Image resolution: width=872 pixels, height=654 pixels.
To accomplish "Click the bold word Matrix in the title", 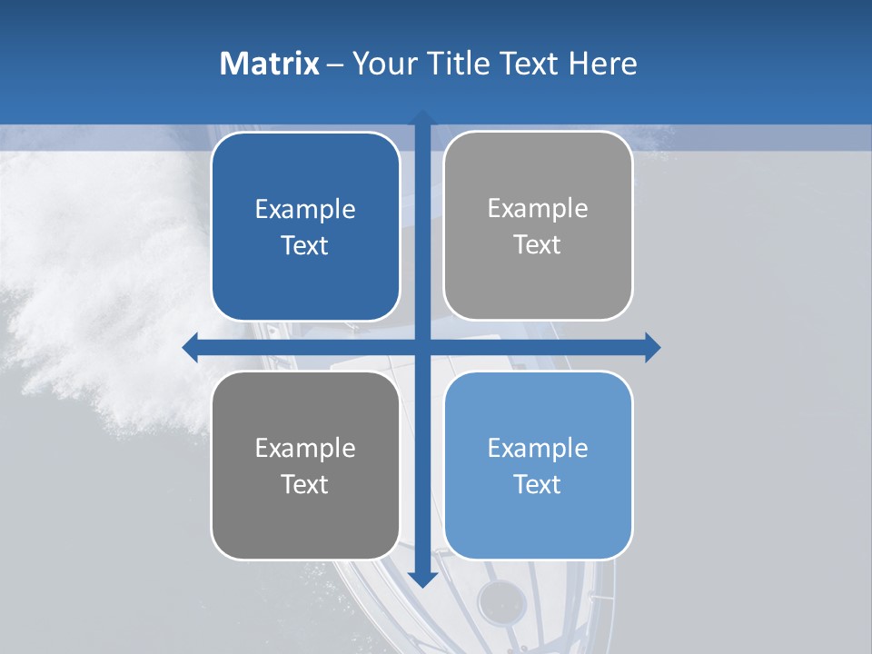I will point(270,64).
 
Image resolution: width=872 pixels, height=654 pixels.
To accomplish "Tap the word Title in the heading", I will point(461,64).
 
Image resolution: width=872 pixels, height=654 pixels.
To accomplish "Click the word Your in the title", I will point(381,64).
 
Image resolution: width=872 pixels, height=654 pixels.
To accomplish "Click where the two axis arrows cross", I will point(422,347).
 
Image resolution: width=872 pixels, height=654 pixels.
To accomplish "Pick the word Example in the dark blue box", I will point(305,209).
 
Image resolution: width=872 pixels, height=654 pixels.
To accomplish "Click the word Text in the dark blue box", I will point(305,245).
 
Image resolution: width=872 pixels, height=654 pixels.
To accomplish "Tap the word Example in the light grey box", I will point(538,208).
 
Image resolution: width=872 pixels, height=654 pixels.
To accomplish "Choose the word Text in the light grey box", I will point(538,244).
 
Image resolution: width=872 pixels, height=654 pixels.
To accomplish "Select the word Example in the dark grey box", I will point(305,448).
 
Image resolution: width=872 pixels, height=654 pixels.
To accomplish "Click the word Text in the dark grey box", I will point(305,484).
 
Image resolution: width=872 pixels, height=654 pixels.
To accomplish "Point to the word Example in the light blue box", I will point(538,448).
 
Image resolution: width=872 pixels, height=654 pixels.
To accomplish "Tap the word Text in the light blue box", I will point(538,484).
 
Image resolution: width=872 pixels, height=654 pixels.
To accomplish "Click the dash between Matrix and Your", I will point(335,64).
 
